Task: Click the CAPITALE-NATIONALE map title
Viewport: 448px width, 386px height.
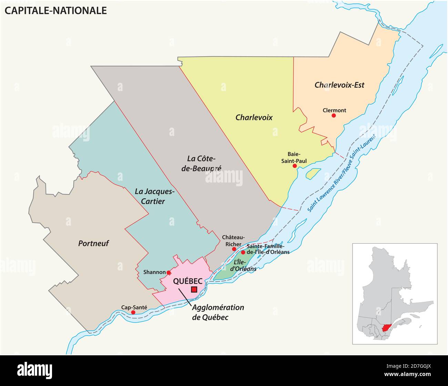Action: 55,11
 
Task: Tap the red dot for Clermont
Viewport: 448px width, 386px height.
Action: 334,116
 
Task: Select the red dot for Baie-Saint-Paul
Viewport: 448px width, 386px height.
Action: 295,166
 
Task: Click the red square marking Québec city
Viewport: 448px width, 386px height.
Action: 194,290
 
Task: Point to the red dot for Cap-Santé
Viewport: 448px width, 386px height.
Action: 133,312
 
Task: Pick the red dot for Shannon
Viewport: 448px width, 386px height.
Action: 169,273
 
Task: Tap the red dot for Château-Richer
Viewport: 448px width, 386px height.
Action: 234,249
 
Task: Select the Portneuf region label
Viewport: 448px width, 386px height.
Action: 93,243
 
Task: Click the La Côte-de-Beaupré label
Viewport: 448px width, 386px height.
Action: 204,163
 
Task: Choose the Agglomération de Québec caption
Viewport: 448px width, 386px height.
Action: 218,312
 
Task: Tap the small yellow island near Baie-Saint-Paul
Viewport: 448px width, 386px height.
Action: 313,172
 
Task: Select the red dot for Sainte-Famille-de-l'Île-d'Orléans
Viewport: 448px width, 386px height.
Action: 243,253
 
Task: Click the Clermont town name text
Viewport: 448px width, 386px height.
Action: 334,110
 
